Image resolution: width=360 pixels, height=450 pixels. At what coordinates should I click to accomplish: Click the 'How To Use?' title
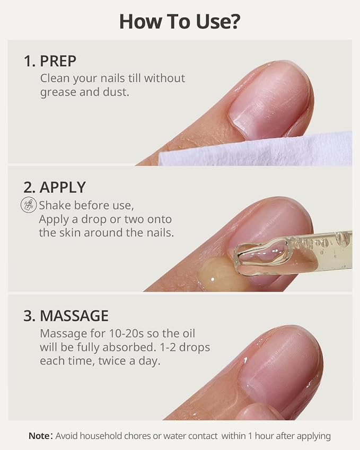pyautogui.click(x=179, y=22)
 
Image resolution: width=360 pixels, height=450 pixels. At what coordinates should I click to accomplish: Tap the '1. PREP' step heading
pyautogui.click(x=50, y=61)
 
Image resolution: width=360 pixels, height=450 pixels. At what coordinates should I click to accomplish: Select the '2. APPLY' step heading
pyautogui.click(x=55, y=188)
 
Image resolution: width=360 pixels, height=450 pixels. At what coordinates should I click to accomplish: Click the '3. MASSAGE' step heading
pyautogui.click(x=66, y=316)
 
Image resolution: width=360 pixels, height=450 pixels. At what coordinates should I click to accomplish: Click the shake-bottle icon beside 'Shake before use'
pyautogui.click(x=29, y=205)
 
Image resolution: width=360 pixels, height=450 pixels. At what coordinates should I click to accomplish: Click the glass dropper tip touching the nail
pyautogui.click(x=262, y=257)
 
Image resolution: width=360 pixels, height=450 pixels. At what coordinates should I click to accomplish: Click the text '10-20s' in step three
pyautogui.click(x=126, y=333)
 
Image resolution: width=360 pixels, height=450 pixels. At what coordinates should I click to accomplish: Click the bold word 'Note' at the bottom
pyautogui.click(x=39, y=436)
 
